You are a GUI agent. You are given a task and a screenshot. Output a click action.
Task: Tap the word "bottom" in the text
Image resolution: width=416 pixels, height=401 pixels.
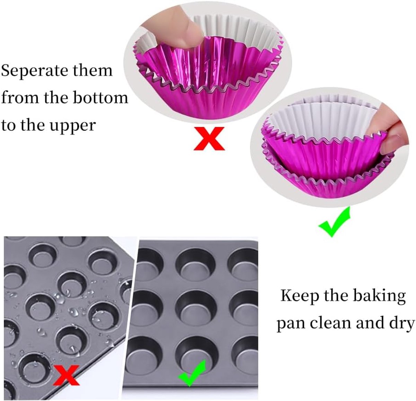101,98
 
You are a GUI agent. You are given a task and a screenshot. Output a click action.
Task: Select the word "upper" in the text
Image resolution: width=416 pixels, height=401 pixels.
72,126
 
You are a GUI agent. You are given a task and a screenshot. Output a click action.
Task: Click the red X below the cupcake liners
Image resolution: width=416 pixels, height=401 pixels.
209,139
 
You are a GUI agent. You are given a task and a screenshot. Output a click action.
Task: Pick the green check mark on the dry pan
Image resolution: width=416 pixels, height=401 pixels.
192,373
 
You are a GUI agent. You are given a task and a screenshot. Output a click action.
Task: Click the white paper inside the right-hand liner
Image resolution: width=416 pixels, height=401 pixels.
325,120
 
